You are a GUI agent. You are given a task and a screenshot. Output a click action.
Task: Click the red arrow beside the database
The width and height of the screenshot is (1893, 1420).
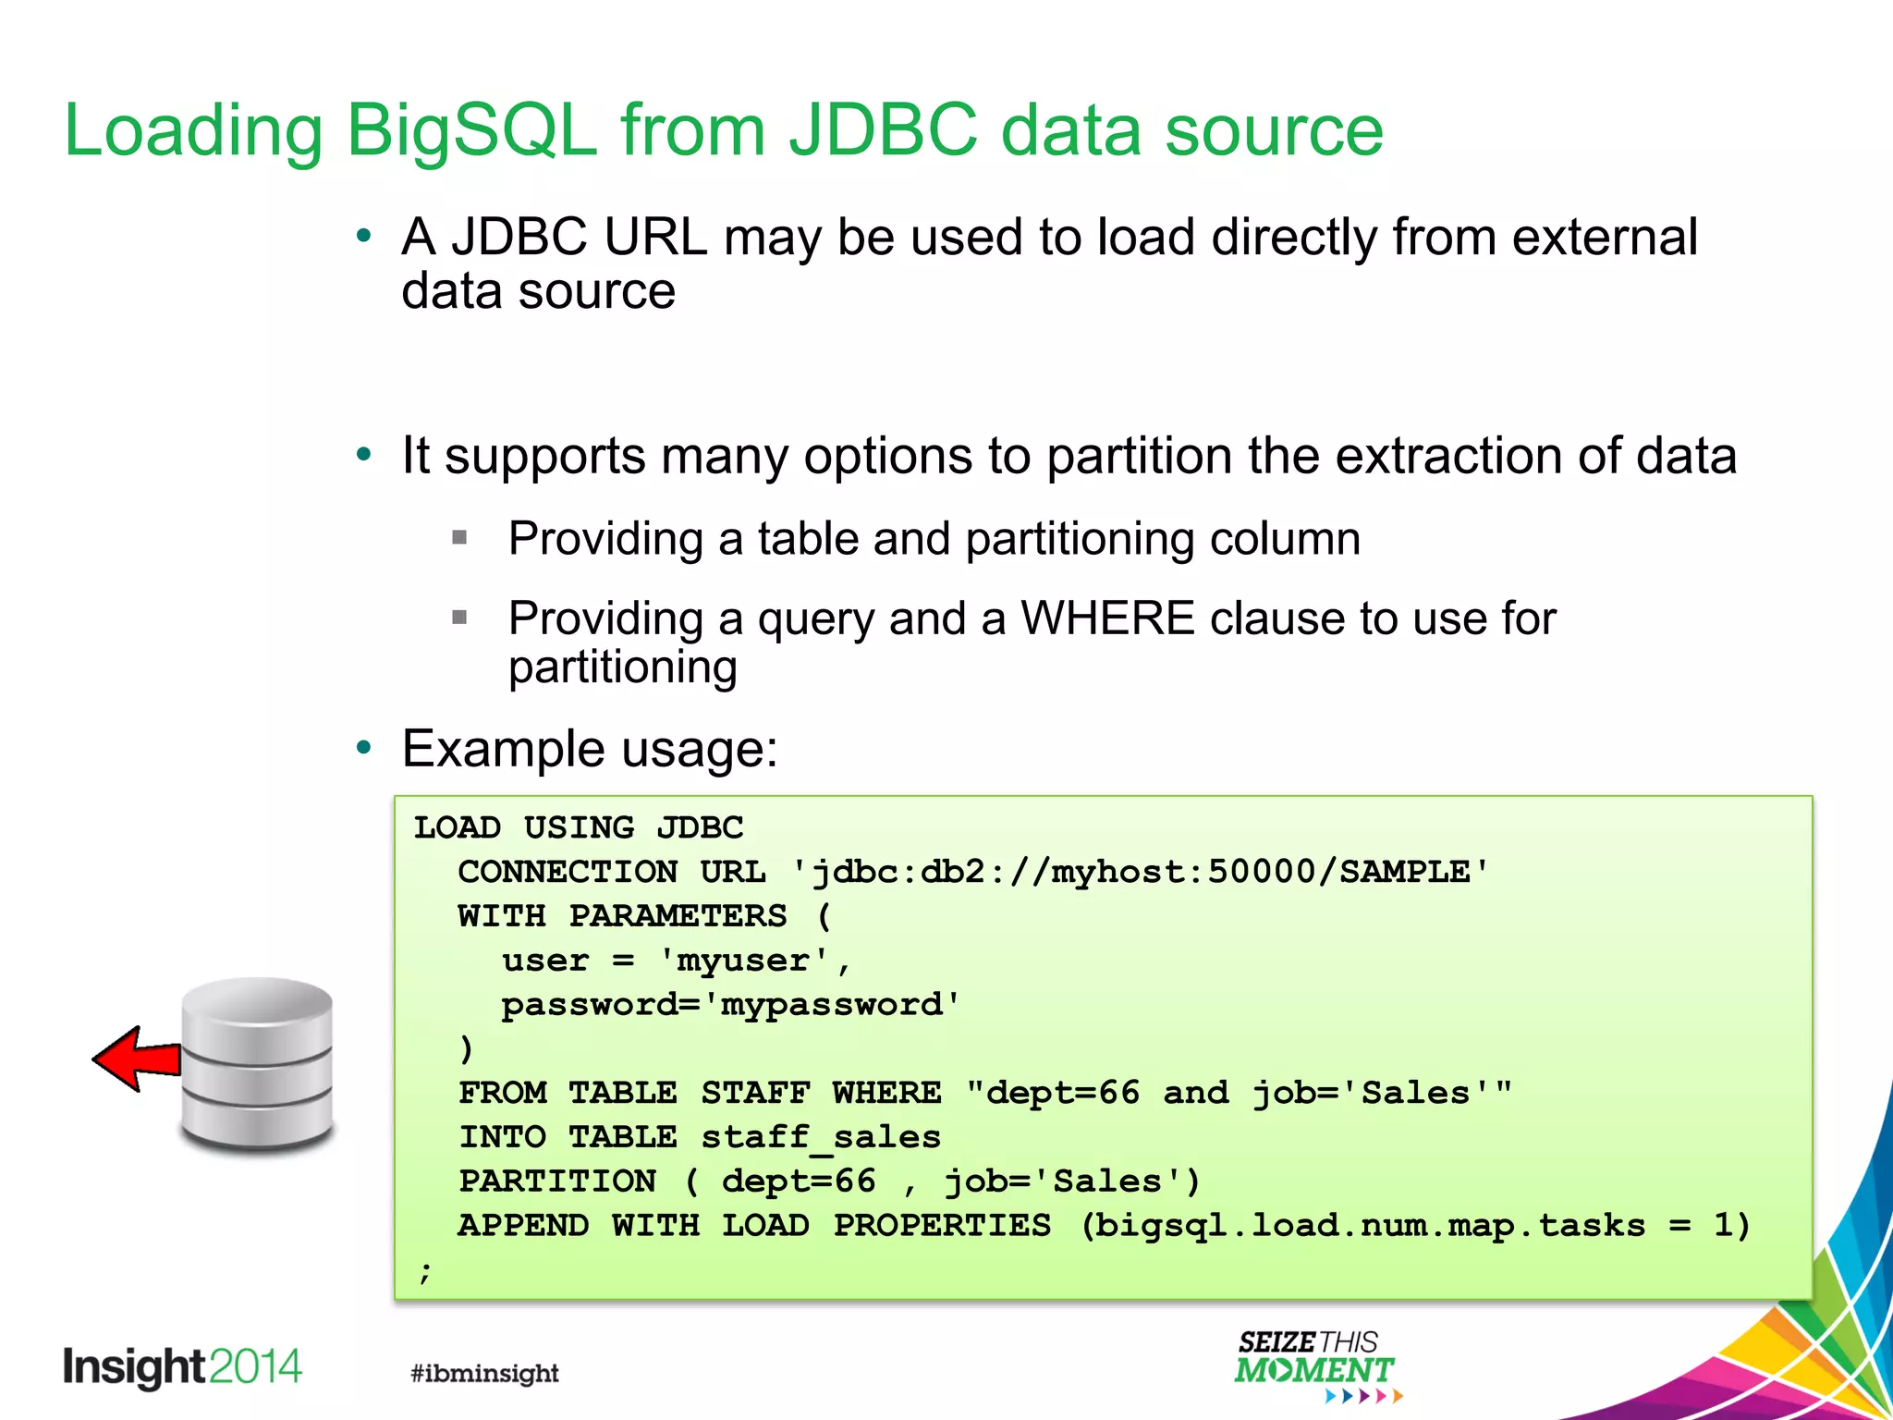pos(139,1059)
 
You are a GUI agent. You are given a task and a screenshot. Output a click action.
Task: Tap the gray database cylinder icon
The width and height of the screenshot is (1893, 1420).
pos(257,1065)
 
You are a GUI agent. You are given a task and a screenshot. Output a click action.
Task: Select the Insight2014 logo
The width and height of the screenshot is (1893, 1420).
pos(182,1367)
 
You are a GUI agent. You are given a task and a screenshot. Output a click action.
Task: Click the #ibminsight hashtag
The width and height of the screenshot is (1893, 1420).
pos(484,1373)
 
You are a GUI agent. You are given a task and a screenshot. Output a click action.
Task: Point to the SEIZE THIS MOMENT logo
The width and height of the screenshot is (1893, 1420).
pos(1314,1365)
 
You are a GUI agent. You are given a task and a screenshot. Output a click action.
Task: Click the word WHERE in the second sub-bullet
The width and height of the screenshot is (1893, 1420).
pos(1107,618)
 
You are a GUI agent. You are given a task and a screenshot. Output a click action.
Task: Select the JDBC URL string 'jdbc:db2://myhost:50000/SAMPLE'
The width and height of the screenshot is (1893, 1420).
pos(1141,872)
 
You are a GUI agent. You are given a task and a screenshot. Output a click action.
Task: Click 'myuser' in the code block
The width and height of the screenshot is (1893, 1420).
pos(744,961)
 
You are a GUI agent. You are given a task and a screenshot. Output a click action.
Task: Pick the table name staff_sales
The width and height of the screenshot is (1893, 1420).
pos(821,1137)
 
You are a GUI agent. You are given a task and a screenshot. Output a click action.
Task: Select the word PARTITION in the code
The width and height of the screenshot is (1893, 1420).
pos(557,1181)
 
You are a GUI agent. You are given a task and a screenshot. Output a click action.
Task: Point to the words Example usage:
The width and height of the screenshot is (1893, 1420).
pos(590,748)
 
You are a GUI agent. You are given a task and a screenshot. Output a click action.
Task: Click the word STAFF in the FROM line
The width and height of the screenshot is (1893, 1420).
pos(755,1093)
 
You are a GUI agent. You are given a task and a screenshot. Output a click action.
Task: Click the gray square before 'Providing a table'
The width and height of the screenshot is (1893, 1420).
pos(459,537)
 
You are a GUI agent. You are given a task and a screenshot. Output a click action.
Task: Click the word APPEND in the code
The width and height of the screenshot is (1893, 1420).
pos(523,1226)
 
